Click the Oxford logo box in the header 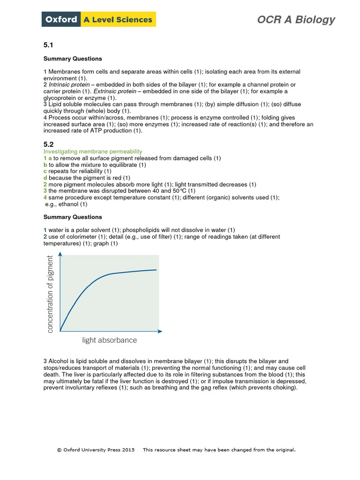pos(61,20)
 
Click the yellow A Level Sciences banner pos(118,20)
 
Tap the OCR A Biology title pos(296,20)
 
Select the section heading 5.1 pos(49,45)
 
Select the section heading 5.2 pos(49,145)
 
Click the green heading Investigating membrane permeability pos(93,151)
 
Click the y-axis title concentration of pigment pos(51,294)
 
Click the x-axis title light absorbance pos(110,340)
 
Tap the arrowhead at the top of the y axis pos(60,254)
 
